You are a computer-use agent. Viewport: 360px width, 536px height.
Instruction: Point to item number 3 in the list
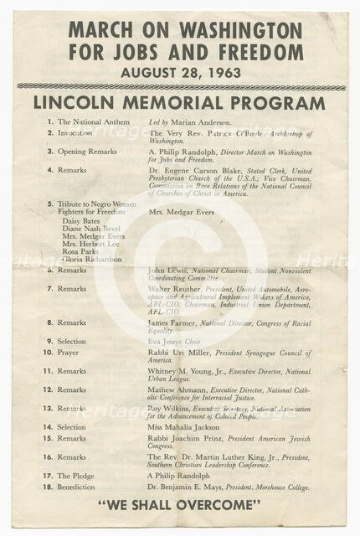50,151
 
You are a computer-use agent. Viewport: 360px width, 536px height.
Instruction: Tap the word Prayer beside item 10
70,352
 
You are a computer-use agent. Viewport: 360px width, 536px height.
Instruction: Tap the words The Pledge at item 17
75,476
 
